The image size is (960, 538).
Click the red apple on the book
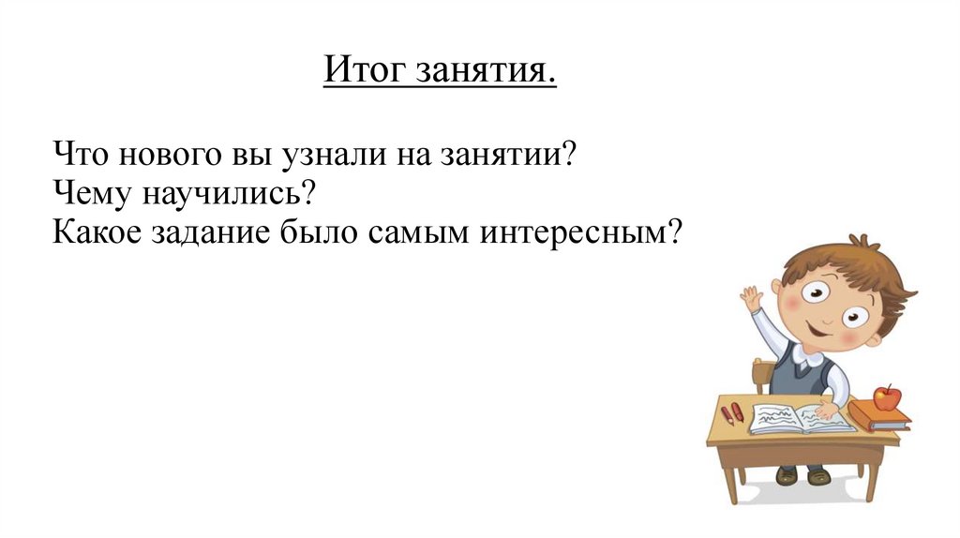point(886,397)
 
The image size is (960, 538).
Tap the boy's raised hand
point(752,300)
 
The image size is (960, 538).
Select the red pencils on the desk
point(732,413)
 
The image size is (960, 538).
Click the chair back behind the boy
point(763,375)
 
